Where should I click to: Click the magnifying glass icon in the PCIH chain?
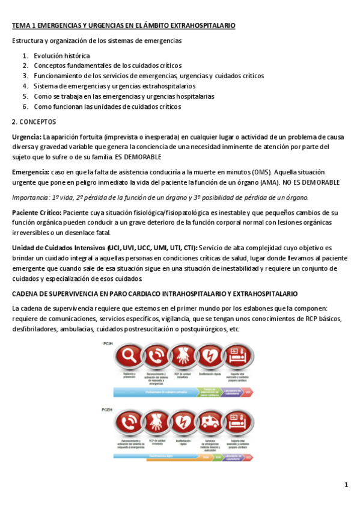pyautogui.click(x=129, y=357)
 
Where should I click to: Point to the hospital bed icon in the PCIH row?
pyautogui.click(x=237, y=357)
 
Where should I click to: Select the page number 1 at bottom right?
pyautogui.click(x=346, y=485)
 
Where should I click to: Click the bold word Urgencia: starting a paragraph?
pyautogui.click(x=26, y=137)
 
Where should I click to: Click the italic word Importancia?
pyautogui.click(x=31, y=198)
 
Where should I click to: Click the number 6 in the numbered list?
pyautogui.click(x=25, y=106)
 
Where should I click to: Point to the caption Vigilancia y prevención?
pyautogui.click(x=129, y=375)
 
